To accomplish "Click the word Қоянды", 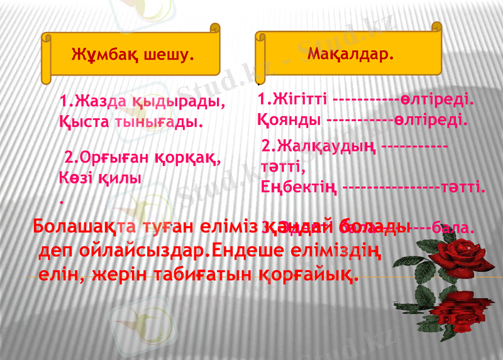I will point(290,119).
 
